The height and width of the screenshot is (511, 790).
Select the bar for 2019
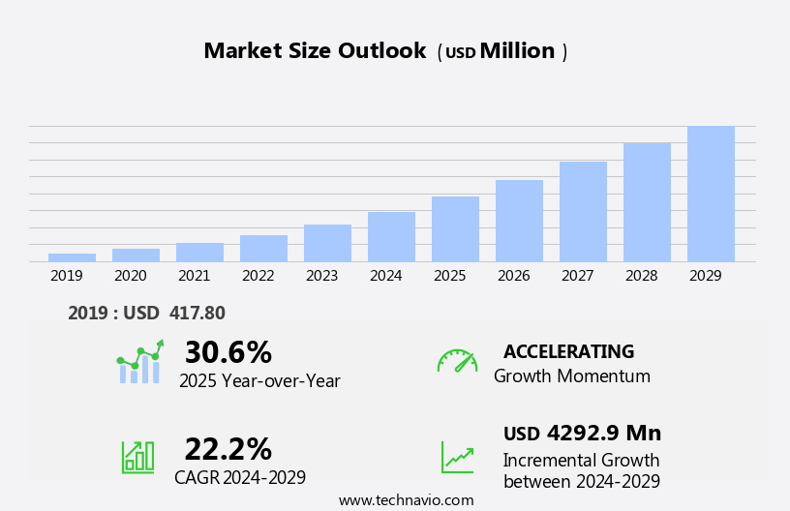(72, 257)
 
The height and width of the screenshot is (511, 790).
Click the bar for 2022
(263, 249)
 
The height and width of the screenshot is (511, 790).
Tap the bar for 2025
(455, 229)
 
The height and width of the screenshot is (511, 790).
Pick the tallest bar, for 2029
(711, 194)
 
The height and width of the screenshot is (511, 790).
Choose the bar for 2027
(583, 212)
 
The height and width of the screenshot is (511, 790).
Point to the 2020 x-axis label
(131, 276)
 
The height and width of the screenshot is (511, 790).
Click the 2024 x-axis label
(385, 276)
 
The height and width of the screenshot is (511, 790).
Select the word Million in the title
(518, 51)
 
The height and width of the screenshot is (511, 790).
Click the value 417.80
(197, 313)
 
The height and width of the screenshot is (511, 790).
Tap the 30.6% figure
(228, 352)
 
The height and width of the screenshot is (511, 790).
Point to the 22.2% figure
(228, 449)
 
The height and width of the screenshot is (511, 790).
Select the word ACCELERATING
(568, 351)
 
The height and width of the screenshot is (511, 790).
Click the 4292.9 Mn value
(603, 433)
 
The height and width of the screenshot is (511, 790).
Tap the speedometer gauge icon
(457, 361)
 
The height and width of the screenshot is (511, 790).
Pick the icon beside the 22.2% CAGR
(137, 456)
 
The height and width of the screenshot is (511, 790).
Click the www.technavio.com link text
(406, 500)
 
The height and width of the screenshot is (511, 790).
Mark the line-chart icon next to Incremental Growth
(457, 456)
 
